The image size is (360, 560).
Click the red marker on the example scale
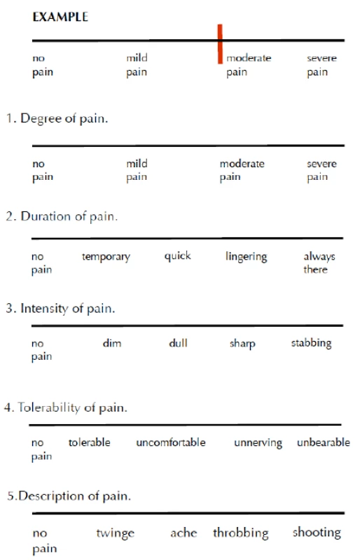pos(220,44)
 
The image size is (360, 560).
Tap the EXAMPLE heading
pos(60,17)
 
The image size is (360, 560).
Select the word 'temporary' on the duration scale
pos(106,257)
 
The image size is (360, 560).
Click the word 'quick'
pos(178,256)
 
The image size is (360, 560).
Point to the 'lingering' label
pos(247,257)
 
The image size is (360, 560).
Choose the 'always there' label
pos(319,262)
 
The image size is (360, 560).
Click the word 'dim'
pos(112,343)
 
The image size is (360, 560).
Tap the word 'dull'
pos(178,343)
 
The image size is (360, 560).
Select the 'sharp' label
pos(242,344)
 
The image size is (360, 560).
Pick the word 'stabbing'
pos(311,343)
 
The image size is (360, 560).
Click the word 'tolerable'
pos(90,442)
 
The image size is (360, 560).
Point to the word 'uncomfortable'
pos(171,442)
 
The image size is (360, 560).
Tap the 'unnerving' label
pos(258,443)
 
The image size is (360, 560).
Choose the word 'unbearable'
pos(324,442)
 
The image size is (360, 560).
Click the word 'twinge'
pos(115,533)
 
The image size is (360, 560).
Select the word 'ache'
pos(184,533)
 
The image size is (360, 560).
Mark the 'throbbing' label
pos(241,533)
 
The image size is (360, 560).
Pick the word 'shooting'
pos(317,533)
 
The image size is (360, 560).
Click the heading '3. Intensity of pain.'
pos(60,308)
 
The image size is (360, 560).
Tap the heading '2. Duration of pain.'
pos(62,216)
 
